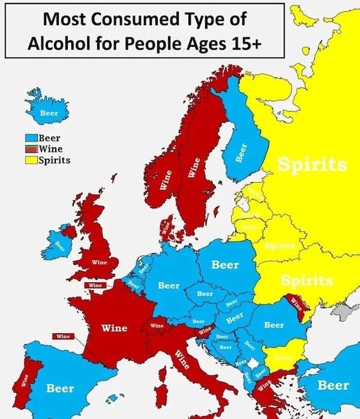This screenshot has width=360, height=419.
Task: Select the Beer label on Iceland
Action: (x=49, y=113)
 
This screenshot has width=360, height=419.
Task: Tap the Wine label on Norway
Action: (x=168, y=180)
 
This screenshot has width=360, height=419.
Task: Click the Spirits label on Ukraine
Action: (x=307, y=281)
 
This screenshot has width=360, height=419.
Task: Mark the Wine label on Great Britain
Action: (x=99, y=262)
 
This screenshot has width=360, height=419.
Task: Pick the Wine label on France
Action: (x=114, y=328)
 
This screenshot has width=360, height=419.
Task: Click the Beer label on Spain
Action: (x=61, y=388)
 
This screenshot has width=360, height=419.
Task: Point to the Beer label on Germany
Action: (x=169, y=285)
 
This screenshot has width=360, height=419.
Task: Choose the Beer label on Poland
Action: (x=226, y=264)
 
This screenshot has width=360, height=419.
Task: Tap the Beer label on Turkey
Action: (x=332, y=385)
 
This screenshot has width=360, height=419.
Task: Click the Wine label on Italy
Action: (x=182, y=360)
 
